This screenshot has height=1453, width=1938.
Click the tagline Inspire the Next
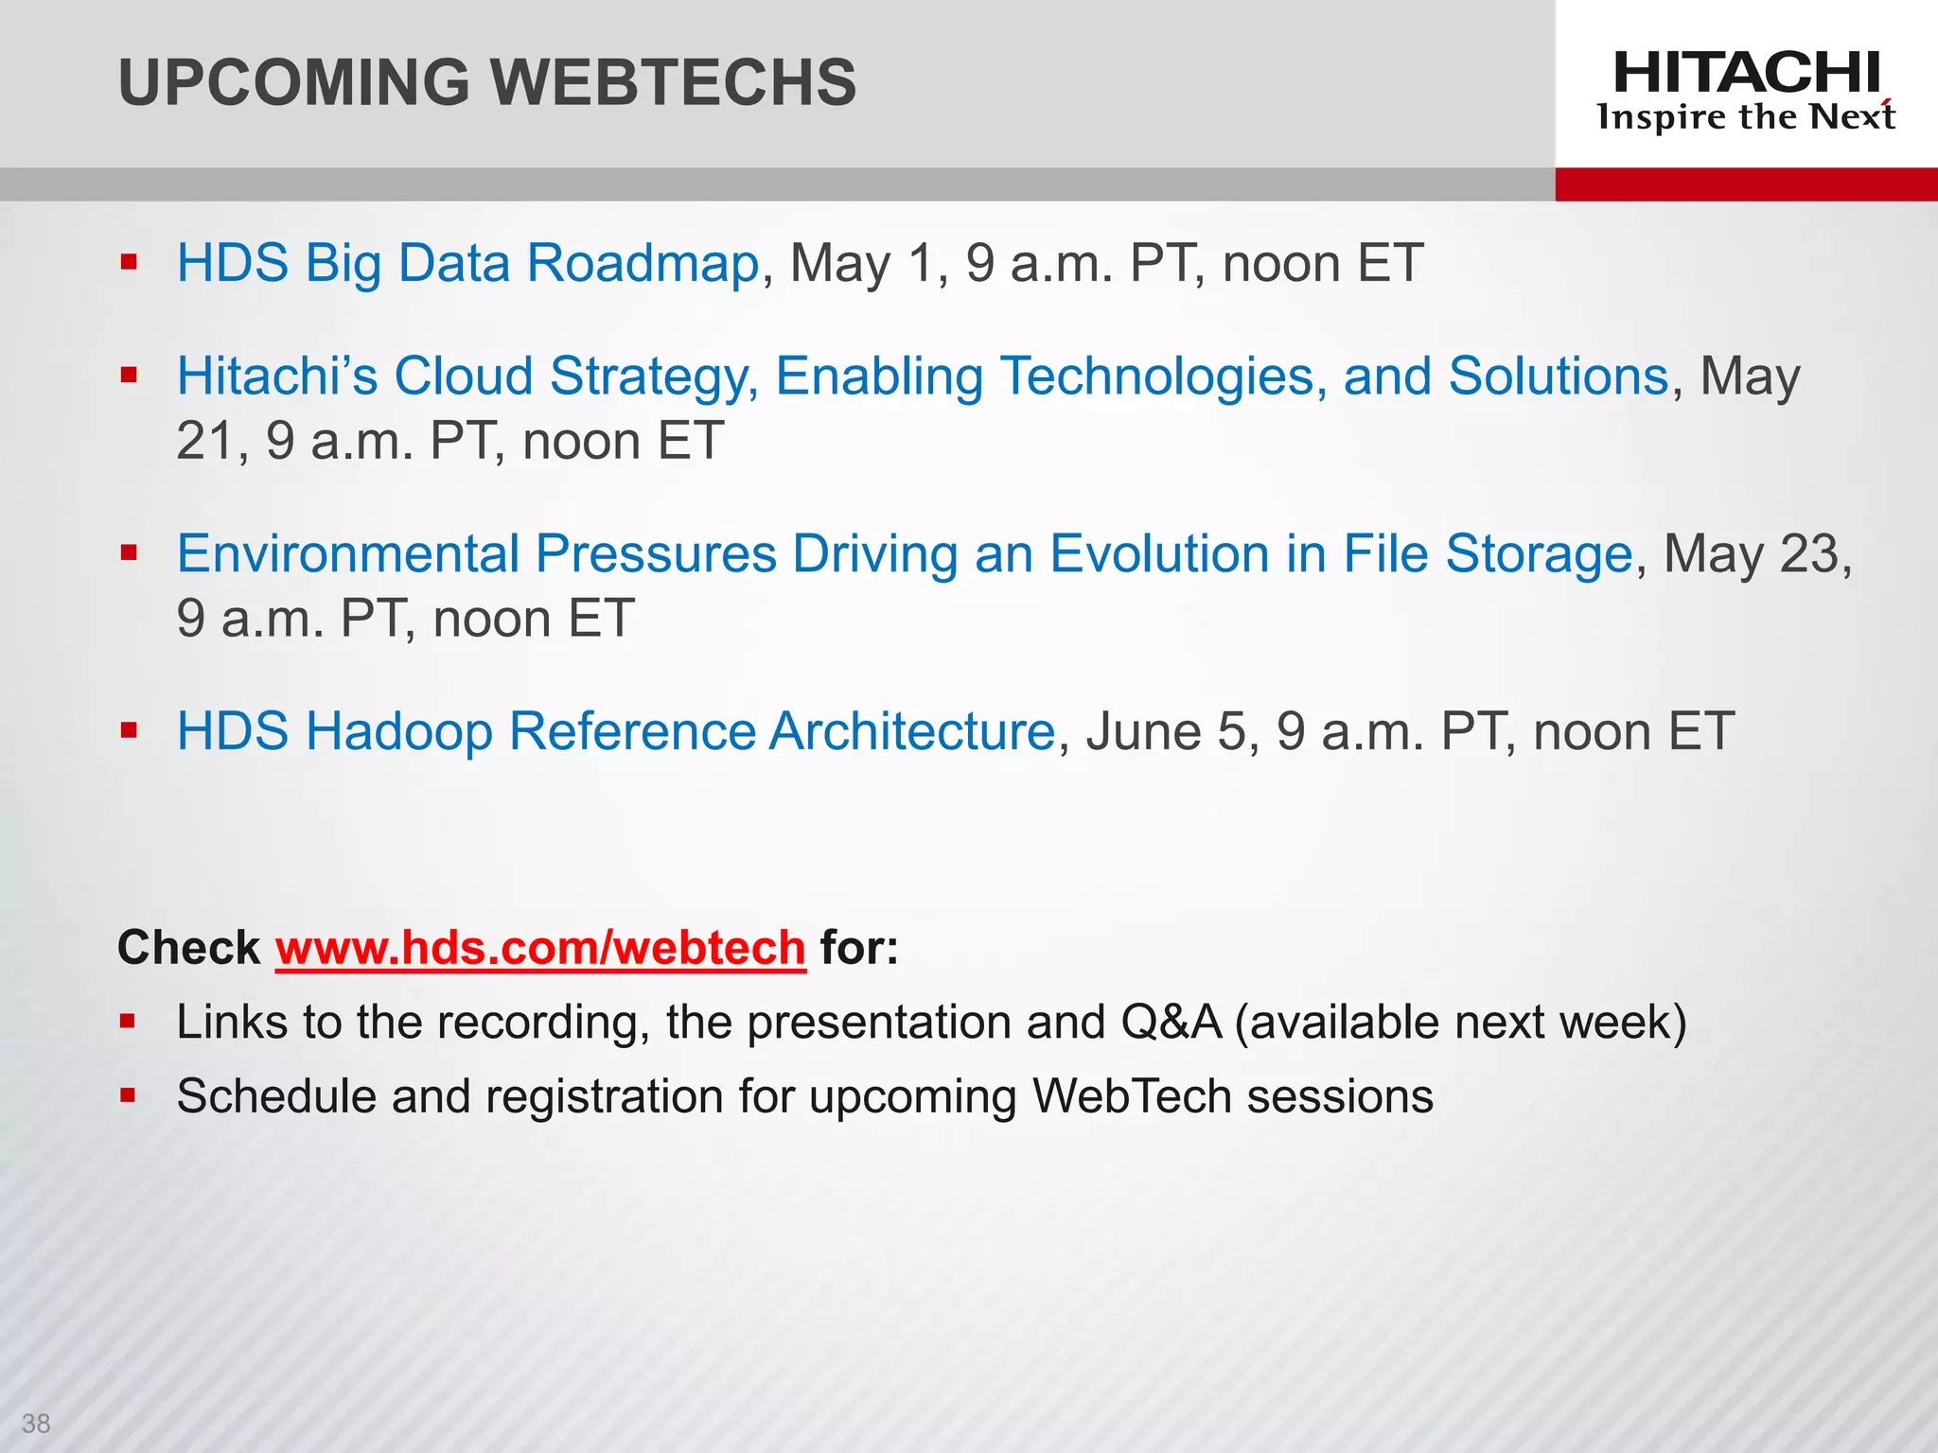pyautogui.click(x=1746, y=117)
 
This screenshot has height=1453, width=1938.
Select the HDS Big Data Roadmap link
pyautogui.click(x=468, y=263)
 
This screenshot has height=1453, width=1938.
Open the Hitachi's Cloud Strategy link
pyautogui.click(x=923, y=376)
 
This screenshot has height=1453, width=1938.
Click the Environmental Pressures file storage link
pyautogui.click(x=905, y=553)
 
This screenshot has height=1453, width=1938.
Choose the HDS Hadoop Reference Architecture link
pyautogui.click(x=616, y=731)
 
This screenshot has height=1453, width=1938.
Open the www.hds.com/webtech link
pyautogui.click(x=540, y=948)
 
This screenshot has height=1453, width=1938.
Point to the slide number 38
pyautogui.click(x=36, y=1423)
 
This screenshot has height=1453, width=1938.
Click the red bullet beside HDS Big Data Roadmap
pyautogui.click(x=129, y=262)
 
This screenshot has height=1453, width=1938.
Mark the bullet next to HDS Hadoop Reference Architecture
pyautogui.click(x=129, y=730)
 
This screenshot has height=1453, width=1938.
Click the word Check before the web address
pyautogui.click(x=188, y=948)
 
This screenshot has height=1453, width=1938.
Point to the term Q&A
pyautogui.click(x=1171, y=1023)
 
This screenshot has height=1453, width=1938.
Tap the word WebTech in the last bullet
pyautogui.click(x=1131, y=1096)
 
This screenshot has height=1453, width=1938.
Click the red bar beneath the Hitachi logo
pyautogui.click(x=1746, y=184)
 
